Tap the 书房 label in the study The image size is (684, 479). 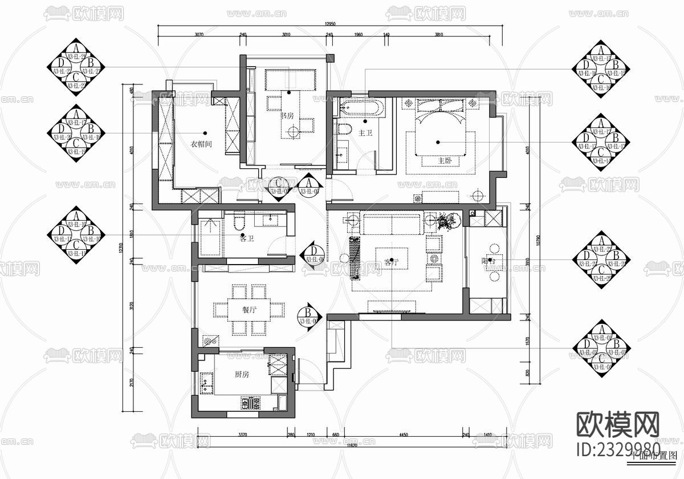[286, 115]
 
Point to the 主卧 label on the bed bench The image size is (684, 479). [445, 161]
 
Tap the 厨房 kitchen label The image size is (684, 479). [242, 375]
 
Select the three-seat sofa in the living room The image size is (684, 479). [392, 224]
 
